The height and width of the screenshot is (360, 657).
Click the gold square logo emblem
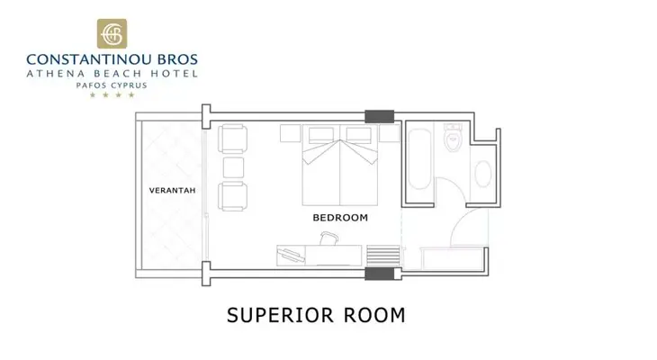pyautogui.click(x=112, y=33)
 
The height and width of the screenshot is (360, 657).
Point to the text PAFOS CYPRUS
pyautogui.click(x=112, y=85)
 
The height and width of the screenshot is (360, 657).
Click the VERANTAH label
pyautogui.click(x=172, y=190)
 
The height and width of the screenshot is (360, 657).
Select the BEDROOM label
pyautogui.click(x=340, y=218)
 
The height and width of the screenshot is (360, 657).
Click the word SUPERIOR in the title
pyautogui.click(x=280, y=315)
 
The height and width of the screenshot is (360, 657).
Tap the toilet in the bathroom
pyautogui.click(x=453, y=138)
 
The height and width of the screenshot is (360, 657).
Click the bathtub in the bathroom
pyautogui.click(x=419, y=159)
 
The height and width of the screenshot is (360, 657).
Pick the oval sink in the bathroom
pyautogui.click(x=483, y=174)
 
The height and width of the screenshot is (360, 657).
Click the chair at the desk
pyautogui.click(x=328, y=238)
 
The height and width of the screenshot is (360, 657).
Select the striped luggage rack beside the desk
pyautogui.click(x=383, y=256)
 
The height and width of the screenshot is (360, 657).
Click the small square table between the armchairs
pyautogui.click(x=233, y=167)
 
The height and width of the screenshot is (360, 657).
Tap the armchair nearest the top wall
pyautogui.click(x=232, y=139)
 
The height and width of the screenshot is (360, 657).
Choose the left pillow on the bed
pyautogui.click(x=321, y=135)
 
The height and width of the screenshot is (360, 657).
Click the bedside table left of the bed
pyautogui.click(x=291, y=133)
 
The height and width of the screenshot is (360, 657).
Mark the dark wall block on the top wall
pyautogui.click(x=379, y=116)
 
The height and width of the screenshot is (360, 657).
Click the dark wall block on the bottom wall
pyautogui.click(x=379, y=274)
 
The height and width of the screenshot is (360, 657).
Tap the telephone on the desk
pyautogui.click(x=292, y=255)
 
